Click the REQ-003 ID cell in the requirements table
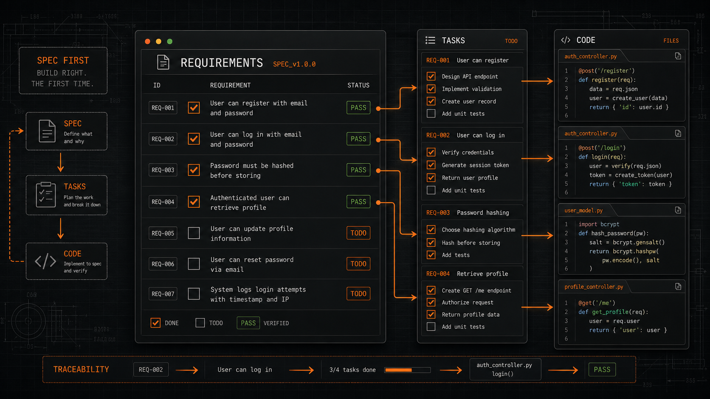pos(163,170)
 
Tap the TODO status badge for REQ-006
pos(358,264)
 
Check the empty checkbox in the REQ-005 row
pos(194,233)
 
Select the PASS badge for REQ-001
pos(358,108)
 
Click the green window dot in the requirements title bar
pos(169,42)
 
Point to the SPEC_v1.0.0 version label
pos(294,64)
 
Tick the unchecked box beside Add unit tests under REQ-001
pos(431,114)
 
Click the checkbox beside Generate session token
pos(431,165)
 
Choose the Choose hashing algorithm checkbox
pos(431,229)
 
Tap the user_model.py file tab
pos(583,210)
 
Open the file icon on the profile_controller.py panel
pos(678,286)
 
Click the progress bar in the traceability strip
pos(407,370)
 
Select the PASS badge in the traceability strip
pos(602,370)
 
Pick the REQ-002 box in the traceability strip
pos(151,370)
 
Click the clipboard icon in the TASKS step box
pos(46,195)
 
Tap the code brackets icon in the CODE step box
pos(45,261)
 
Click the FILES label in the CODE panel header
pos(671,41)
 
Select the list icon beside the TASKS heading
pos(430,40)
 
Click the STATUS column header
pos(358,85)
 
